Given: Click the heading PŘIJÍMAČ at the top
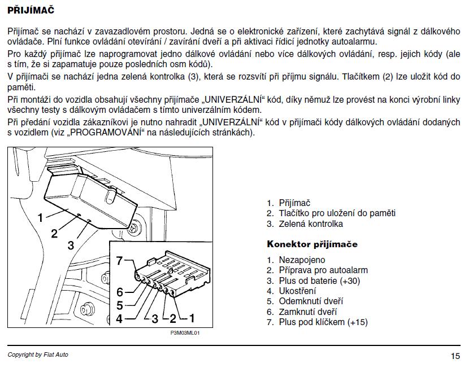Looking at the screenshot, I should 31,10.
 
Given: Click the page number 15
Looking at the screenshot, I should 455,356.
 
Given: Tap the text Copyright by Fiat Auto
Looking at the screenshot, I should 38,354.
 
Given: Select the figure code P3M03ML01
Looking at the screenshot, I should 185,333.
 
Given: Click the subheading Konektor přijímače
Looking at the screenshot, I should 312,244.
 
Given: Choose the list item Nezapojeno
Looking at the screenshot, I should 302,260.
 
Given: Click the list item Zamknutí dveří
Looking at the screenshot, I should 307,312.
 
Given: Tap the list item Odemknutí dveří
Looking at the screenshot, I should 310,301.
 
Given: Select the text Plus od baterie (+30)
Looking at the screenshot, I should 319,281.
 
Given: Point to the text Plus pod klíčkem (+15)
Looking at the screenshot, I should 323,322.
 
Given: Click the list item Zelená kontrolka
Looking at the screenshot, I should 311,224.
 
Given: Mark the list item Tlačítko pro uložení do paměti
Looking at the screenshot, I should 337,213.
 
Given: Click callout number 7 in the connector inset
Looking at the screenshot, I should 119,261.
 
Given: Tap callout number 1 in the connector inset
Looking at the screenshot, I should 192,318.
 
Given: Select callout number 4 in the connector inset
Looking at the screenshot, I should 119,318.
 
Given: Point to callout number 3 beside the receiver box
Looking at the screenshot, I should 71,246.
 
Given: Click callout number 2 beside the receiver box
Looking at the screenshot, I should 54,233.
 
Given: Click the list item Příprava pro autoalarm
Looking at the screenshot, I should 323,270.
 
